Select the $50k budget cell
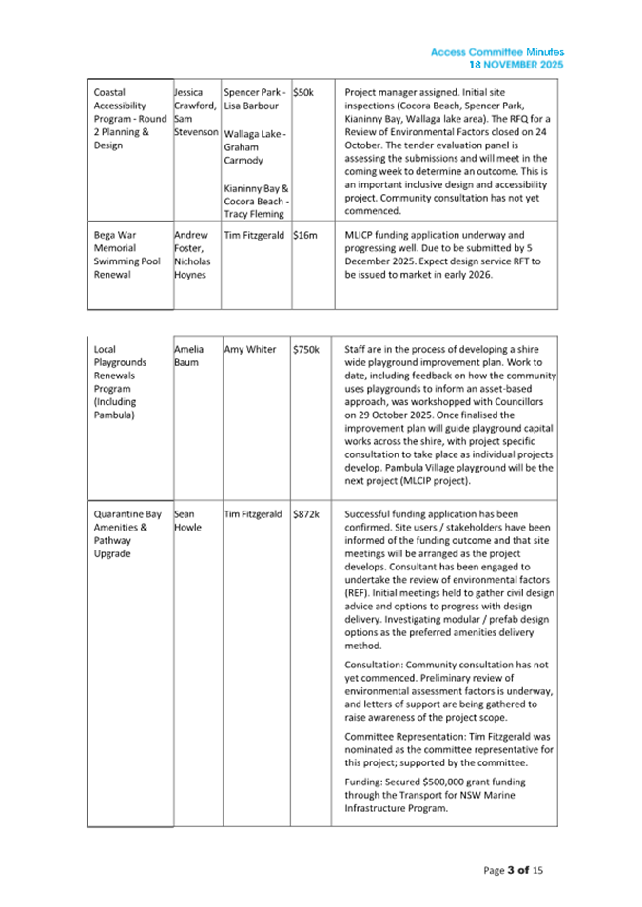(304, 93)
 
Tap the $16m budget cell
(304, 234)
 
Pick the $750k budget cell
(305, 350)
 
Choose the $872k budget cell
(305, 514)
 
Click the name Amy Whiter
(249, 350)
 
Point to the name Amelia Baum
(190, 356)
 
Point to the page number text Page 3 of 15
(513, 870)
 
